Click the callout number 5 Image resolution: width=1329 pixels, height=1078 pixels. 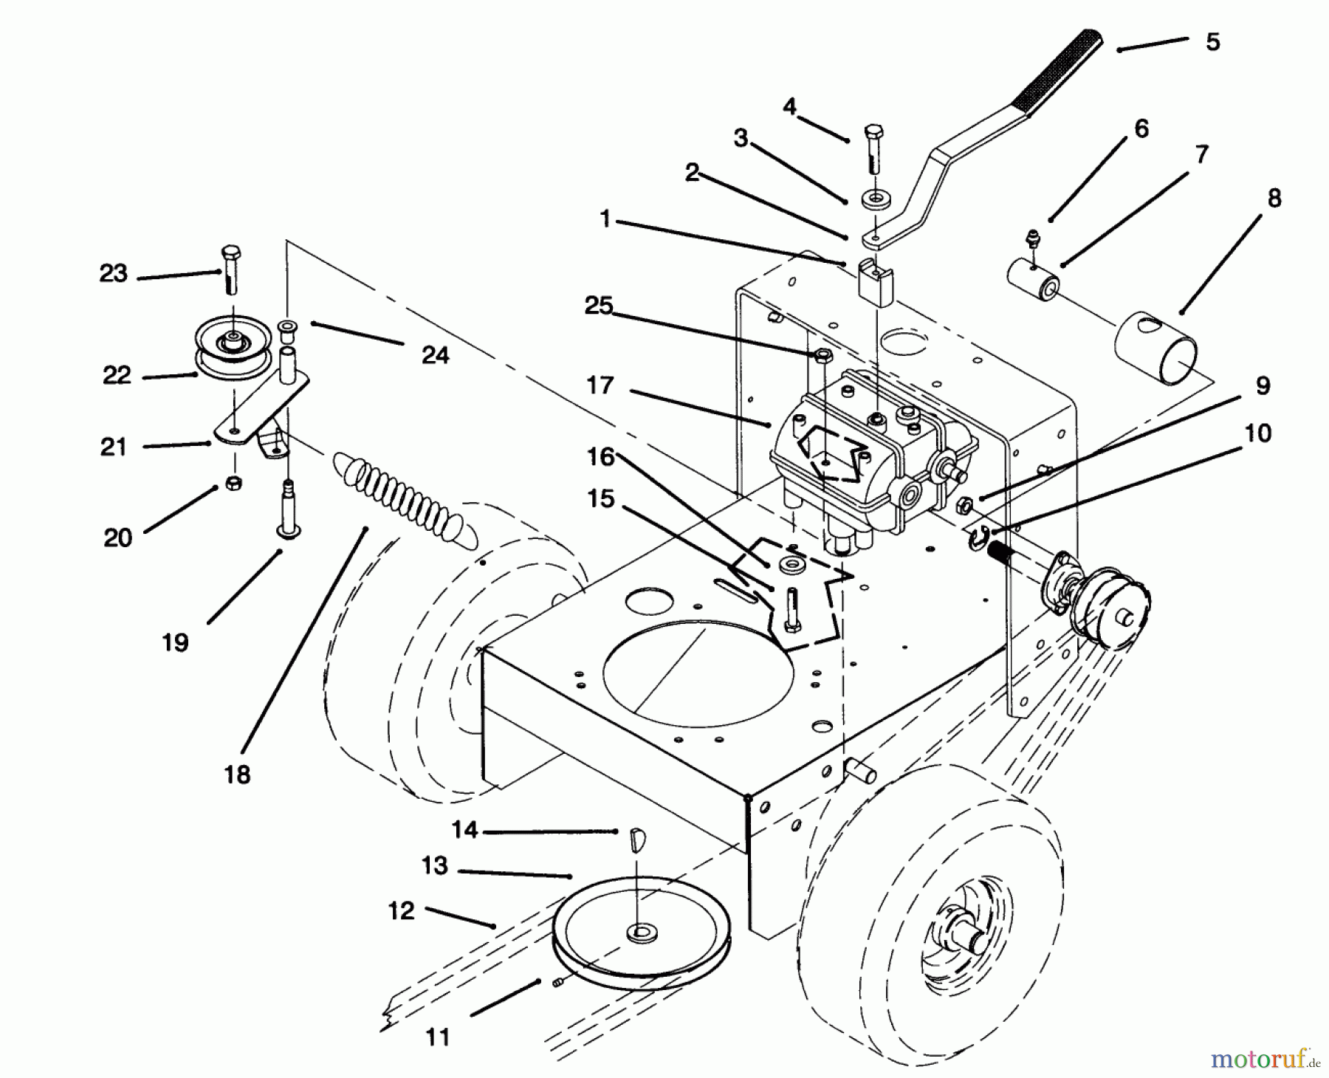click(x=1213, y=42)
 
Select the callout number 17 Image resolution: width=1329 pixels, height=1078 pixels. click(x=600, y=385)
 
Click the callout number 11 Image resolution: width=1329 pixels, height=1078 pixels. click(x=438, y=1037)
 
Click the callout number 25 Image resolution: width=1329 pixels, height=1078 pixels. click(x=599, y=305)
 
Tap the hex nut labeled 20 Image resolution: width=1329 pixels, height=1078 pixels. click(x=232, y=484)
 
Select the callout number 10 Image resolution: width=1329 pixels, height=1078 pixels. click(x=1257, y=433)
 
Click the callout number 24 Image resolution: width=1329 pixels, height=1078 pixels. click(x=435, y=355)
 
